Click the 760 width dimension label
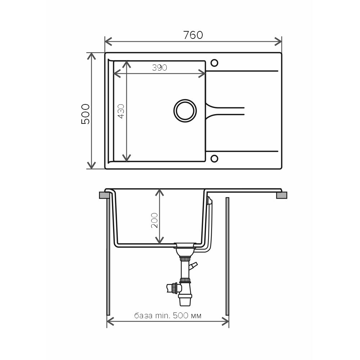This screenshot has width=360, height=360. (x=193, y=35)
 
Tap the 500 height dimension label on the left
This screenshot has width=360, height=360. (x=85, y=114)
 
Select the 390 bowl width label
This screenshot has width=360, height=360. (x=159, y=68)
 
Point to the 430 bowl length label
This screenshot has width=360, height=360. (x=121, y=111)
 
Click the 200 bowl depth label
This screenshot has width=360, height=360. (x=154, y=220)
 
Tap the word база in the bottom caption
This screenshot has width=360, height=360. (x=143, y=316)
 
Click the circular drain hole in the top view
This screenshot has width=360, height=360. (x=185, y=111)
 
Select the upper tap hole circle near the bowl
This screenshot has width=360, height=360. (x=214, y=63)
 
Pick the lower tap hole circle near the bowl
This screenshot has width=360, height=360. (x=214, y=158)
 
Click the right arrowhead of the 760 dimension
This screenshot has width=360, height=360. (x=279, y=41)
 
